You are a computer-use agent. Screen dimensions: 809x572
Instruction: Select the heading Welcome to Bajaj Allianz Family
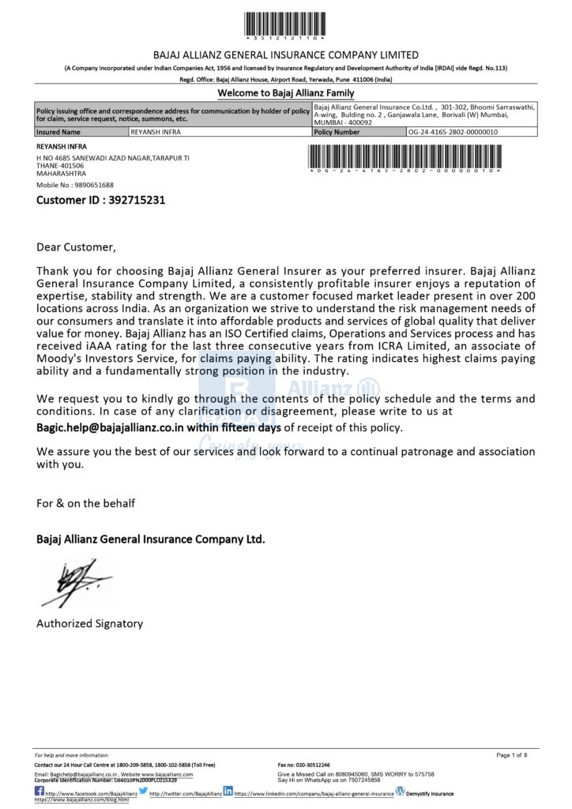pyautogui.click(x=286, y=93)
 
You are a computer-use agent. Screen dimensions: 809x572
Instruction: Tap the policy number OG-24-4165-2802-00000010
pyautogui.click(x=453, y=133)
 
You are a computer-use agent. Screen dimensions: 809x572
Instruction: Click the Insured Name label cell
pyautogui.click(x=58, y=133)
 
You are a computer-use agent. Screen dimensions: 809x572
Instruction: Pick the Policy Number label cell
pyautogui.click(x=337, y=133)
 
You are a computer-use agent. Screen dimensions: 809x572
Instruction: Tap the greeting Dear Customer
pyautogui.click(x=76, y=247)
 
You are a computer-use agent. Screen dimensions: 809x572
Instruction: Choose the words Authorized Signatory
pyautogui.click(x=89, y=623)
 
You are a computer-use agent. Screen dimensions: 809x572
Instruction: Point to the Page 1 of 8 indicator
pyautogui.click(x=511, y=755)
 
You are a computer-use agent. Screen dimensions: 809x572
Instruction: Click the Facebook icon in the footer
pyautogui.click(x=40, y=792)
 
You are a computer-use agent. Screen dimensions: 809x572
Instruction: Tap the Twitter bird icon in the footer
pyautogui.click(x=143, y=791)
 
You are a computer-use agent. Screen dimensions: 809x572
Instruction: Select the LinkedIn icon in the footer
pyautogui.click(x=228, y=791)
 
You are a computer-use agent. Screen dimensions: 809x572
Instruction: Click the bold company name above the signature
pyautogui.click(x=150, y=539)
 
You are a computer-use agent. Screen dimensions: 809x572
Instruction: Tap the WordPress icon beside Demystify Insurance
pyautogui.click(x=400, y=791)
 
